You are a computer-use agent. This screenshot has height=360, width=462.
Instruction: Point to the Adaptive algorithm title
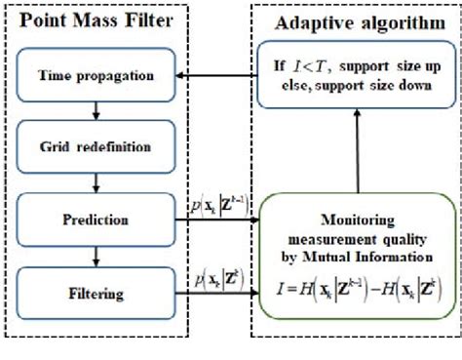pyautogui.click(x=356, y=21)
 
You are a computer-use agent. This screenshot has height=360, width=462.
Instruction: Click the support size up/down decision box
pyautogui.click(x=355, y=77)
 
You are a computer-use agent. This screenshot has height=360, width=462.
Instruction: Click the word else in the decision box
pyautogui.click(x=292, y=87)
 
